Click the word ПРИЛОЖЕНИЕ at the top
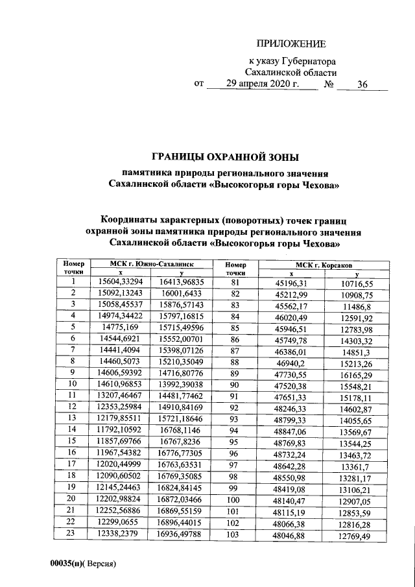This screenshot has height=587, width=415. click(290, 44)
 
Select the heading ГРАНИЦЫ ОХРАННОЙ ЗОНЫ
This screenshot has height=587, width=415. click(226, 156)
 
